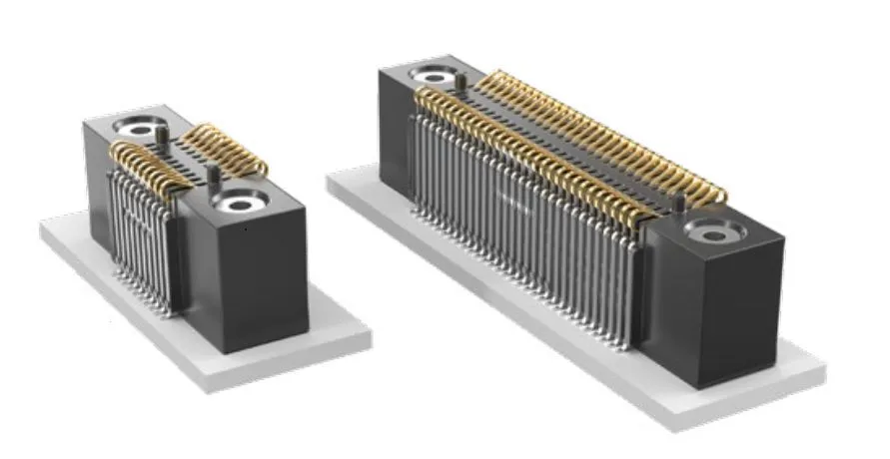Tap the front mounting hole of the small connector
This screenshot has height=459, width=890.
(241, 203)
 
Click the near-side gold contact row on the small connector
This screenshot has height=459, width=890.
(150, 165)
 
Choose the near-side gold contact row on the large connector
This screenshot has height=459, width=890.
(529, 150)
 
